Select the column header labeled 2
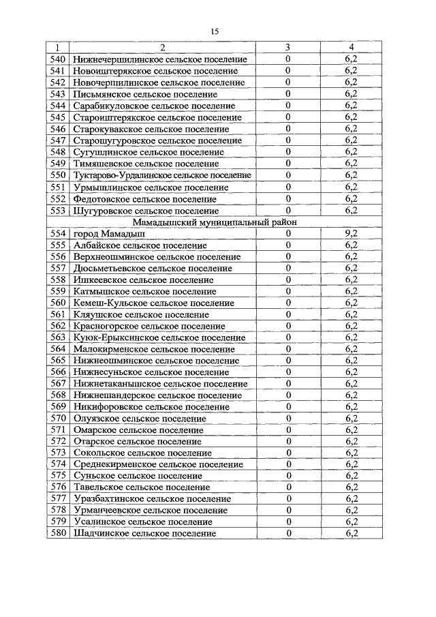point(162,48)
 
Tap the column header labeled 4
point(351,48)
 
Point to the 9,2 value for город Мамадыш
point(351,233)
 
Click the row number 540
point(58,59)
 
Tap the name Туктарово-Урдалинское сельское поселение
point(162,175)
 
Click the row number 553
point(58,210)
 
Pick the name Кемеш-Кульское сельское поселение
point(153,303)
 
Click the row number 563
point(58,337)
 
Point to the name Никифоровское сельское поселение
point(151,407)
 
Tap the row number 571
point(58,430)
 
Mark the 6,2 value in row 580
point(351,533)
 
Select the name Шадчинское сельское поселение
point(143,533)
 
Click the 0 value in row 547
point(288,140)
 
